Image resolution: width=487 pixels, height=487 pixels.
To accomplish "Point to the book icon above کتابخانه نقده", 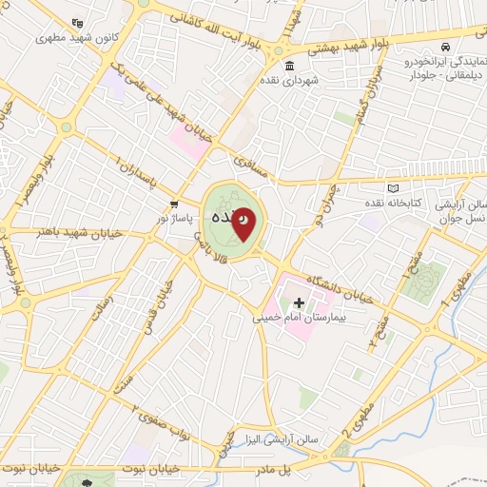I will click(395, 188).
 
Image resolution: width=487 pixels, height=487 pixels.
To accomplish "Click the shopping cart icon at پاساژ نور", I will click(174, 205).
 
